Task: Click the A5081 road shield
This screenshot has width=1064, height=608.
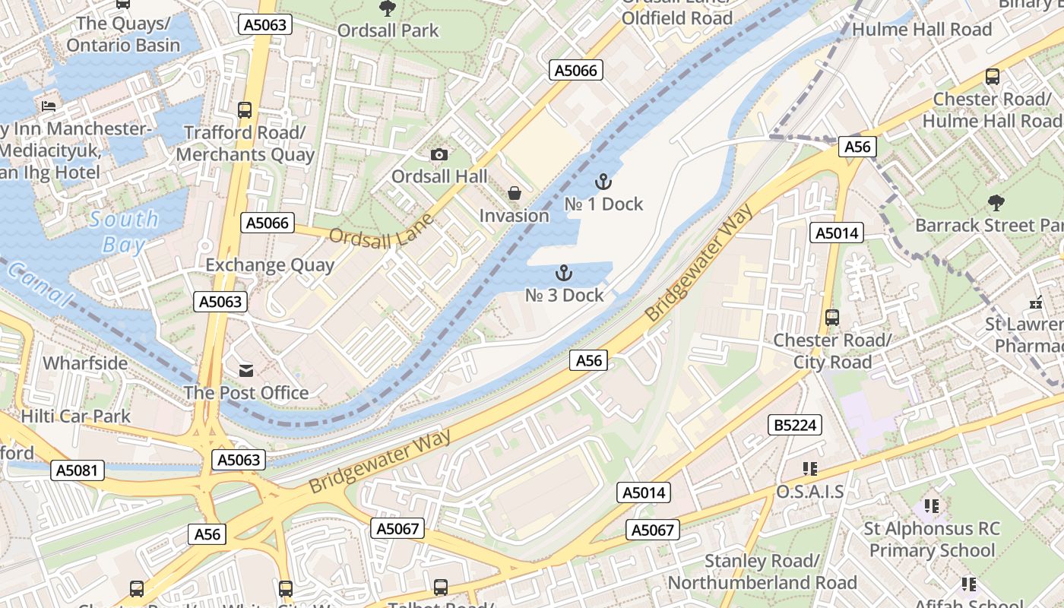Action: [x=78, y=470]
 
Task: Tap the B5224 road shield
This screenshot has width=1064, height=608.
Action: [x=795, y=426]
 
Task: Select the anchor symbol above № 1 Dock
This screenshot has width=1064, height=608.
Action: [x=603, y=182]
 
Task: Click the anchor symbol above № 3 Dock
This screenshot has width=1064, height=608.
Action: [x=564, y=273]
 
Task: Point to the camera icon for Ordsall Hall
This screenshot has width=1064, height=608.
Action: [x=439, y=155]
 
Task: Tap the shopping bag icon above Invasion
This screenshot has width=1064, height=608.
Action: [x=515, y=194]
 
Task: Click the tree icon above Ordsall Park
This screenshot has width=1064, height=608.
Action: [x=388, y=8]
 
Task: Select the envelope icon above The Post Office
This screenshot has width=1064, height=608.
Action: [x=246, y=371]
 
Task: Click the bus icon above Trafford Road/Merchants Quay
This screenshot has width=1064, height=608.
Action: [x=245, y=110]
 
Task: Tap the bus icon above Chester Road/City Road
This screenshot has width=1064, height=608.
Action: [x=832, y=318]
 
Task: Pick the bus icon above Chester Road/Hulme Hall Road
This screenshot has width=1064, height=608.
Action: [x=992, y=77]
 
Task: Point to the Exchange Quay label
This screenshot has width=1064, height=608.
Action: [x=270, y=265]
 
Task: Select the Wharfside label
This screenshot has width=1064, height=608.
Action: [x=85, y=363]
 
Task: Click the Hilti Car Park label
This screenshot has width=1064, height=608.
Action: [x=76, y=416]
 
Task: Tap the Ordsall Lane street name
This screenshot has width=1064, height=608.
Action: [x=382, y=230]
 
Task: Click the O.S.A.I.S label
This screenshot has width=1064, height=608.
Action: [x=809, y=492]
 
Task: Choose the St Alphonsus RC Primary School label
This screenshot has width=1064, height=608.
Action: [x=932, y=540]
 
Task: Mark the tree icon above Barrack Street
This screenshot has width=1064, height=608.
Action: [x=996, y=203]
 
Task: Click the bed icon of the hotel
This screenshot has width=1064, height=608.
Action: [x=49, y=106]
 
